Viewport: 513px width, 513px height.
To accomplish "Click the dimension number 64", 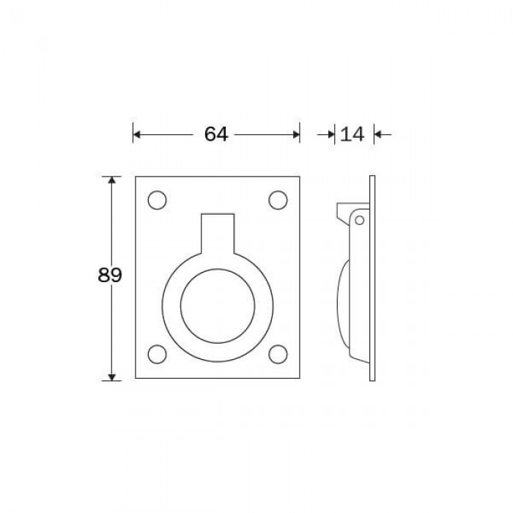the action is coord(216,134).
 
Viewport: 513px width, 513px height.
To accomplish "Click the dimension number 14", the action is coord(353,134).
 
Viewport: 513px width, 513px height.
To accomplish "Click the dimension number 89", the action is coord(110,275).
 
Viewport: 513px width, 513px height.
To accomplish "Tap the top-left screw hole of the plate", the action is coord(157,200).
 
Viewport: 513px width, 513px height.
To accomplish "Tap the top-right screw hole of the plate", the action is coord(278,200).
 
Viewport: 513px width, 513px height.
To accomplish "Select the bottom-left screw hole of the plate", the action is coord(157,354).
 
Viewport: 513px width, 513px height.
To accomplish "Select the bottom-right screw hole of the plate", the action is coord(278,354).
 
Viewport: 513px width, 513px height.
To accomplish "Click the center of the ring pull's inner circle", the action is coord(218,306).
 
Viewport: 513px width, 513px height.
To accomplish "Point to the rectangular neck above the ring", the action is coord(218,234).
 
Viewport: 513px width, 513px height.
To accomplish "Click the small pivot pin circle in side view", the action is coord(360,220).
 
